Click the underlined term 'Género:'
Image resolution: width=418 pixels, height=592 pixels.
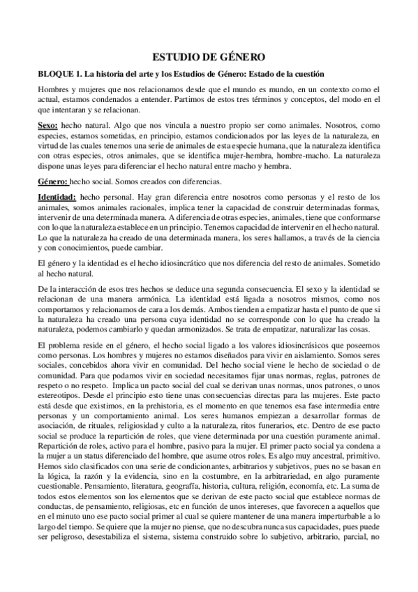tap(53, 181)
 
